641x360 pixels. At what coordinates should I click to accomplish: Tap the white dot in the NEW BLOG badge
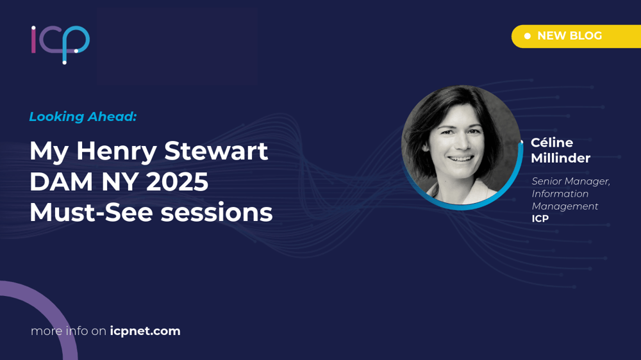528,36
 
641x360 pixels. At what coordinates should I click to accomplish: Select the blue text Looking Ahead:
83,117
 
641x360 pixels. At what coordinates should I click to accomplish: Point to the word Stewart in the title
216,151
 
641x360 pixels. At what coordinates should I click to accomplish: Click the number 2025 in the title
177,182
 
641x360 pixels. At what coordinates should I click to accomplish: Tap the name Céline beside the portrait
552,143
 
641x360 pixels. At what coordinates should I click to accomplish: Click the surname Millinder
560,158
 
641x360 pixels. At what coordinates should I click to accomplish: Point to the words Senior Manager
570,181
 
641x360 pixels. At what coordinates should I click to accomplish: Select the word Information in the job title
560,193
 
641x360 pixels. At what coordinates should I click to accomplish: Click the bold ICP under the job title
540,218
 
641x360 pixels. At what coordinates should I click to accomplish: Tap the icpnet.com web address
145,331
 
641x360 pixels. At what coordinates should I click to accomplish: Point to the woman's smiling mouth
461,158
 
